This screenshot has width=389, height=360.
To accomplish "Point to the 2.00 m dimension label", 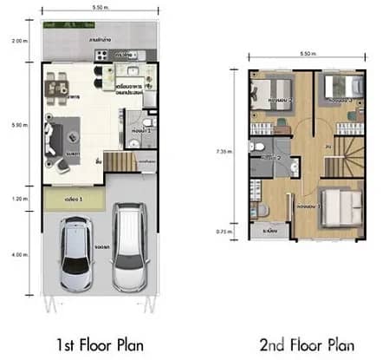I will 18,41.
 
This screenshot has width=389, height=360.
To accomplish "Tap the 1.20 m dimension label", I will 18,199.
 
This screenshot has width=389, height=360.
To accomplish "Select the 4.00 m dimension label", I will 18,254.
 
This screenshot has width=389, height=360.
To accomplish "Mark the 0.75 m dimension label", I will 224,232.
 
